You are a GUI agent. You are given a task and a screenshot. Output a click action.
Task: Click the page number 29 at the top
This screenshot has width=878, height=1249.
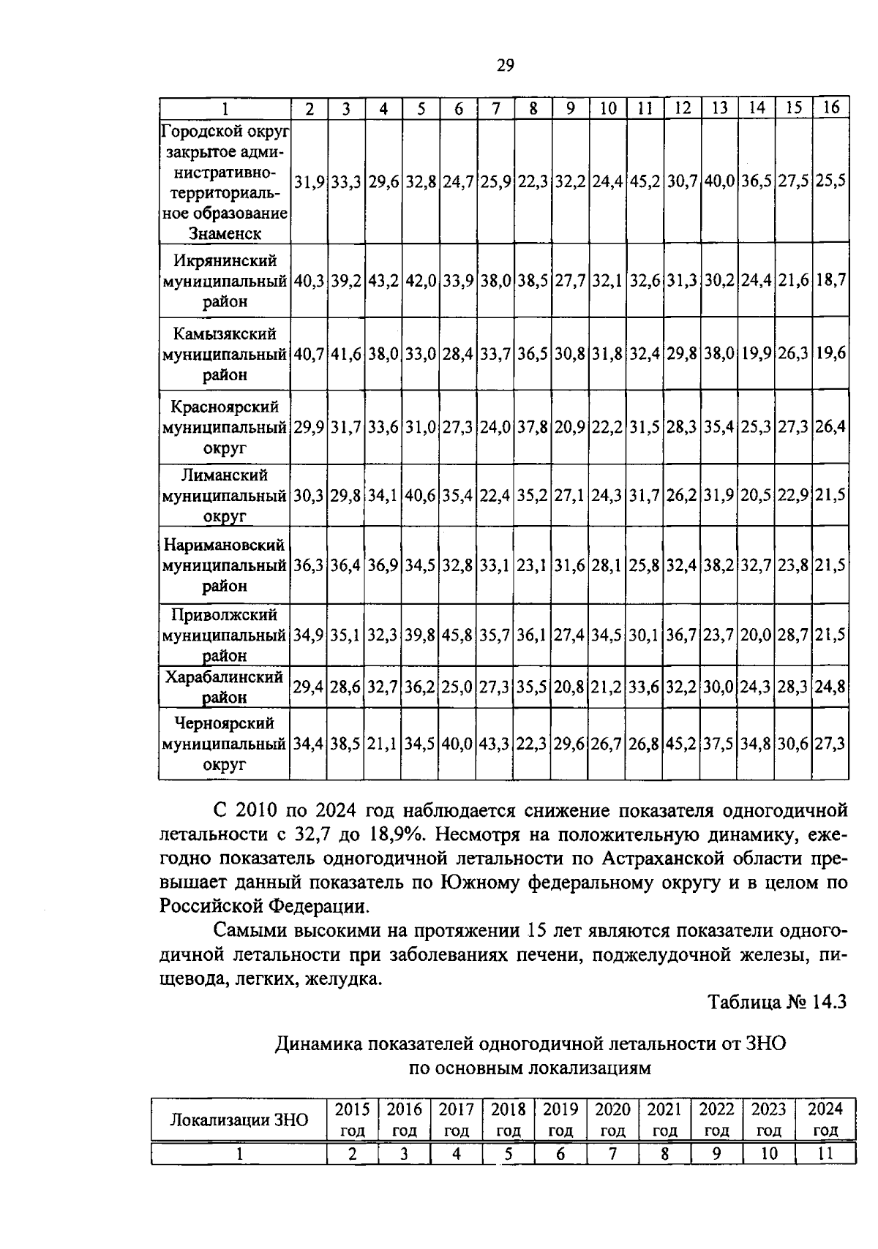click(506, 66)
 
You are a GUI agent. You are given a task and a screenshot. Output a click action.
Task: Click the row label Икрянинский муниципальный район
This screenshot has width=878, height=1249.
click(225, 281)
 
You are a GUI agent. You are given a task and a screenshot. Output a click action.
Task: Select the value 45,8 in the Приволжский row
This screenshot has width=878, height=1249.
click(458, 635)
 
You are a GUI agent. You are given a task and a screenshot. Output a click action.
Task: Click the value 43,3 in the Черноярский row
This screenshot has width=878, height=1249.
click(496, 744)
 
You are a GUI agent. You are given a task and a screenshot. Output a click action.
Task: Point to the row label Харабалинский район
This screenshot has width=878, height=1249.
click(225, 687)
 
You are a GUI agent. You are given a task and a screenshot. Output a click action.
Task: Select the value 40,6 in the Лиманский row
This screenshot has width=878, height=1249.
click(421, 496)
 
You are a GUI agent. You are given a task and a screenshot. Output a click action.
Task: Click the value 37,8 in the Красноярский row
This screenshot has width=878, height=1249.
click(533, 427)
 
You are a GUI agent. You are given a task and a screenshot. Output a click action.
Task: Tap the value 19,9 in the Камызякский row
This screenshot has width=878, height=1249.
click(757, 354)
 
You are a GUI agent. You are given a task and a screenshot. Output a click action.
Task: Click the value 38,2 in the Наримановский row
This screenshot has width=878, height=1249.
click(719, 566)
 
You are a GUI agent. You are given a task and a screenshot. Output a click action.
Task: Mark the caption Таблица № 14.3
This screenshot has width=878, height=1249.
click(776, 1002)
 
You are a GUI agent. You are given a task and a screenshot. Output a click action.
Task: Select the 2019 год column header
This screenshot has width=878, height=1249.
click(560, 1120)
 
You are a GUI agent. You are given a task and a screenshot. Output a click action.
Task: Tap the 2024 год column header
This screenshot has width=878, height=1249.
click(825, 1120)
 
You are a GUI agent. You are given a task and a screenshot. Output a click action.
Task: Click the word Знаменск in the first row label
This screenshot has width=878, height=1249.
click(225, 234)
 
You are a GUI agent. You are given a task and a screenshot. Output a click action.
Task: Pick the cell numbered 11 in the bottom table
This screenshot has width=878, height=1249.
click(825, 1154)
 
